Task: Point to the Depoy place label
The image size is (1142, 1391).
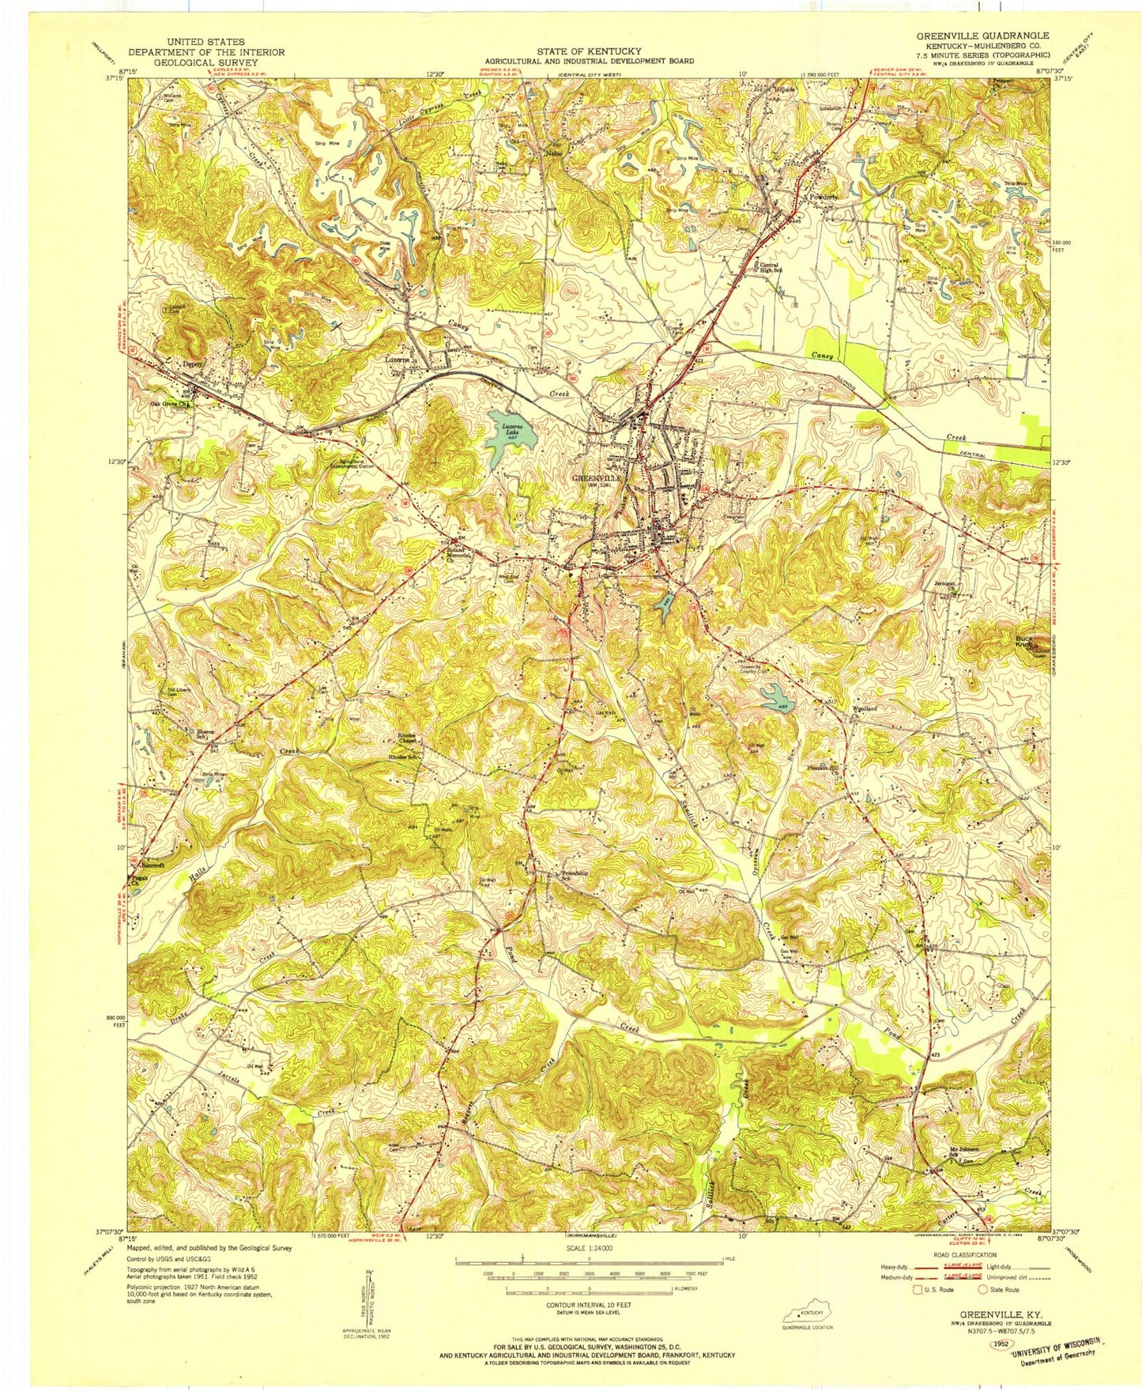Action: point(193,364)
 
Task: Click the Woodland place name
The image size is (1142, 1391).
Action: point(863,709)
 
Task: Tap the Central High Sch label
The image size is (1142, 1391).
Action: point(768,268)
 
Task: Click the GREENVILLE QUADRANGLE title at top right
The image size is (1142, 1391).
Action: point(982,36)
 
